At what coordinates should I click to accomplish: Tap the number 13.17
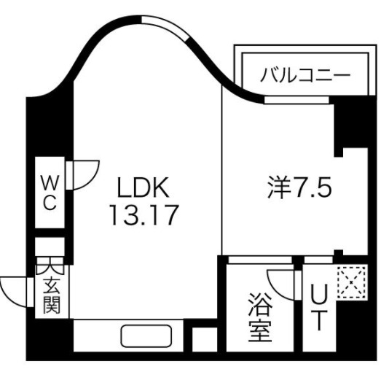[144, 215]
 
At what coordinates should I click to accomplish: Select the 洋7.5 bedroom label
[299, 187]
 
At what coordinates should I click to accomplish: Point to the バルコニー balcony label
[305, 74]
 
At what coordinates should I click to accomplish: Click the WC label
[50, 193]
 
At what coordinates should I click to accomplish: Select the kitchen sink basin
[146, 336]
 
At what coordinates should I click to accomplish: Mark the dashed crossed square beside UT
[352, 282]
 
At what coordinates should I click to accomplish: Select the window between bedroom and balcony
[296, 100]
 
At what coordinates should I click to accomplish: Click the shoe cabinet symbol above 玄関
[50, 266]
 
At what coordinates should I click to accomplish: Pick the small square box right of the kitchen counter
[205, 339]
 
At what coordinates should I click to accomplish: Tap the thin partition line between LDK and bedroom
[222, 170]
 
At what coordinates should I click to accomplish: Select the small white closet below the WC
[50, 247]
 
